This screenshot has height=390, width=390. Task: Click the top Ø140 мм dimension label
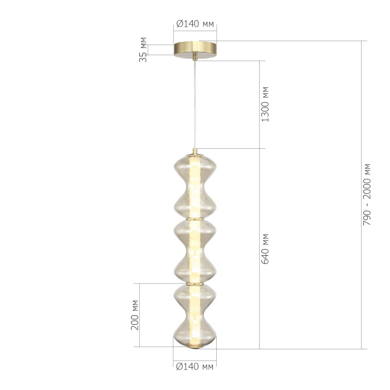(194, 24)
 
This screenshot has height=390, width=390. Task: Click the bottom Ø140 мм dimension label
(194, 367)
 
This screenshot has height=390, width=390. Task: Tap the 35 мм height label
(143, 48)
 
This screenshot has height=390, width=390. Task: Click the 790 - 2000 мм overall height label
(367, 194)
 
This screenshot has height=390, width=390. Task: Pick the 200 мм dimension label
(135, 315)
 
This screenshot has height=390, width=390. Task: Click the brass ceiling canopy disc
(194, 48)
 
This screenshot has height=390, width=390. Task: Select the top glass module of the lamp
(194, 184)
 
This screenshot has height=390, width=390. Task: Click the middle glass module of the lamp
(194, 251)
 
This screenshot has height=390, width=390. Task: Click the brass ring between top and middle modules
(194, 218)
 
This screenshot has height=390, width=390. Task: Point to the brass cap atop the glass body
(194, 151)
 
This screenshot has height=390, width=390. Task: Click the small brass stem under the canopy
(194, 57)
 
